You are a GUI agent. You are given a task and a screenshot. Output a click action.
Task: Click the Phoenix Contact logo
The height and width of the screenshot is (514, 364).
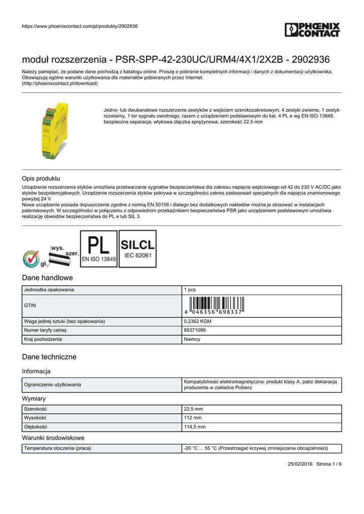[312, 30]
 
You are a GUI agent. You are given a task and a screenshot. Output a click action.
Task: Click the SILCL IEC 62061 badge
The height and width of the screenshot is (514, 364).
[138, 249]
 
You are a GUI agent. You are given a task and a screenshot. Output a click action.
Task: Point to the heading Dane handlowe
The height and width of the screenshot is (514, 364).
[48, 278]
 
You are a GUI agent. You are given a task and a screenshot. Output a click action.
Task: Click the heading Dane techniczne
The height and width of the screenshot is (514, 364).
[49, 357]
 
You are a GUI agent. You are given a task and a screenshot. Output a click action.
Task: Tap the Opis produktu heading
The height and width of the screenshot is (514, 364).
[41, 178]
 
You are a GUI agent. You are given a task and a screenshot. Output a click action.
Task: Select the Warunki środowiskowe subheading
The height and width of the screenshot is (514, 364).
[53, 438]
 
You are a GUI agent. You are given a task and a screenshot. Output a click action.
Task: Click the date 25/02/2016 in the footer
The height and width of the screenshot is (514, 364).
[300, 464]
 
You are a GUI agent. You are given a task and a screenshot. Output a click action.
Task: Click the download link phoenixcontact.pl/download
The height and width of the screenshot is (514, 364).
[60, 84]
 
